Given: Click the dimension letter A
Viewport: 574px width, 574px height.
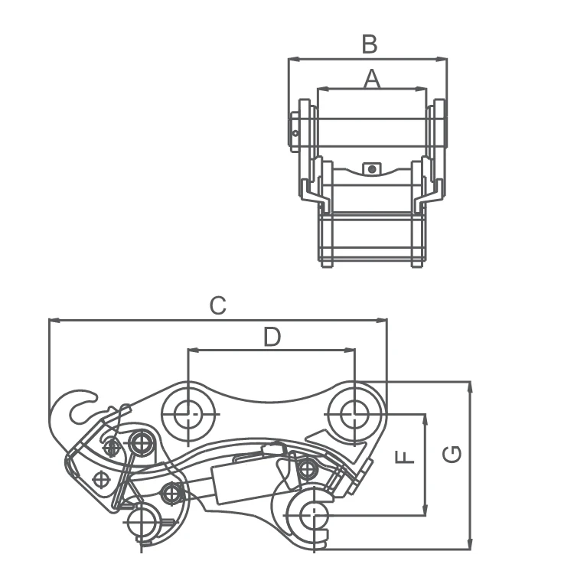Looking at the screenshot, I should (371, 78).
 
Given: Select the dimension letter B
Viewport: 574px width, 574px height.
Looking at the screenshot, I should (369, 45).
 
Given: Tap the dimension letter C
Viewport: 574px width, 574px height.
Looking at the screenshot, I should (218, 306).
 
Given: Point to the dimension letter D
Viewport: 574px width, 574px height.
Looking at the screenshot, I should (272, 337).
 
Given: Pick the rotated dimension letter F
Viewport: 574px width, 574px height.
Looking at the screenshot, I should (405, 457).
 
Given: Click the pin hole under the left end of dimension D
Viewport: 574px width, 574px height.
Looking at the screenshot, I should (187, 414).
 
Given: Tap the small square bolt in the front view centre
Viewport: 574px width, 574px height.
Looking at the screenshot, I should (372, 168).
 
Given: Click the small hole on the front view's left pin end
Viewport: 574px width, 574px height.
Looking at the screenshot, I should (295, 136).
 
